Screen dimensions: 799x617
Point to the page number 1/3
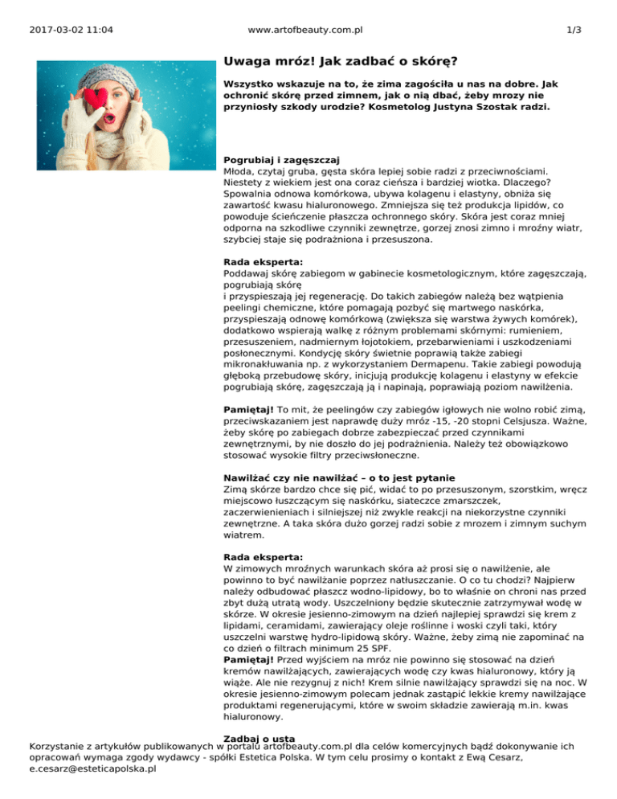[x=574, y=31]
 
